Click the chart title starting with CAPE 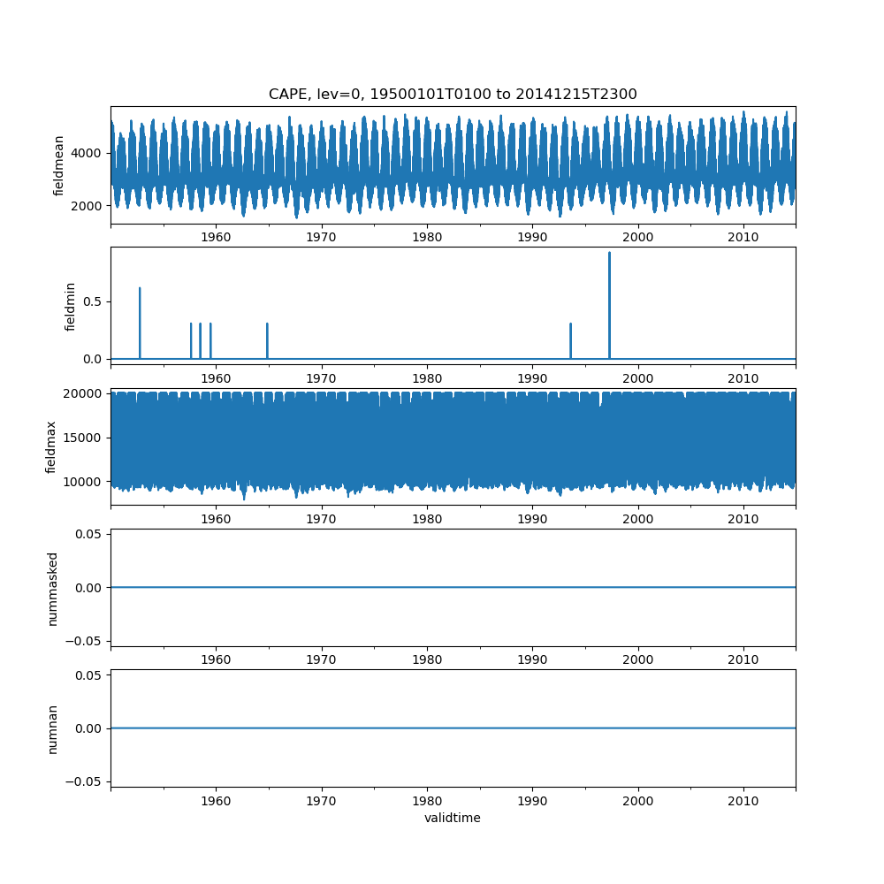[x=453, y=95]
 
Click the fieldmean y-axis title [x=59, y=165]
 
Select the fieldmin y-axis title [x=72, y=307]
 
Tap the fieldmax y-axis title [x=51, y=447]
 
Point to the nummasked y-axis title [x=52, y=588]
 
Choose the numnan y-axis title [x=52, y=728]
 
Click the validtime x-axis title [x=453, y=819]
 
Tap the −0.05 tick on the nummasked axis [x=86, y=640]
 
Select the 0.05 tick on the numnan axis [x=89, y=675]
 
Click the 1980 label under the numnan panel [x=427, y=802]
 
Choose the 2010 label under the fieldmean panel [x=743, y=238]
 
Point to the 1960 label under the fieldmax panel [x=216, y=520]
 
